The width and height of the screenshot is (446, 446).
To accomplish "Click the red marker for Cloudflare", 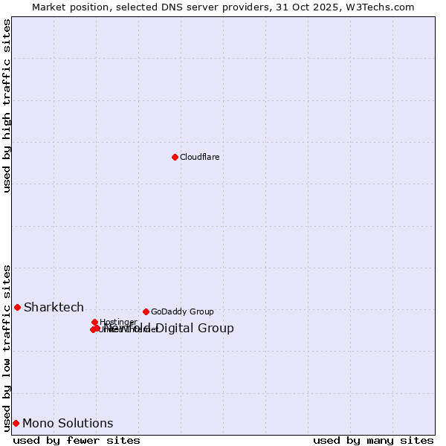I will pos(175,157).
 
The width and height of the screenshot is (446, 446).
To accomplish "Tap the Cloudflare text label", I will pos(199,157).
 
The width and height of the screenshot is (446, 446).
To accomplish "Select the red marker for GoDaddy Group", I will pos(146,311).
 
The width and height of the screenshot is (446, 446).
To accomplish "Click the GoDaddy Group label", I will pos(182,311).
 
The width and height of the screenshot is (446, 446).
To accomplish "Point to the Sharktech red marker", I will pos(17,307).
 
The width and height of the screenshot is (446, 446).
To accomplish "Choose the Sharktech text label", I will pos(54,307).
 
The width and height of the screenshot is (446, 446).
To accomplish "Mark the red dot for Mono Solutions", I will pos(16,423).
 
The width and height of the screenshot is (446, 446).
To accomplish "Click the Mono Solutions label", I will pos(68,423).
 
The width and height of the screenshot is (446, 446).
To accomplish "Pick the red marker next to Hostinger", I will pos(94,322).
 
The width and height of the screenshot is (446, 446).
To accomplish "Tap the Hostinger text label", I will pos(118,322).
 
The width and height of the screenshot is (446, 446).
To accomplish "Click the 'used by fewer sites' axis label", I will pos(77,440).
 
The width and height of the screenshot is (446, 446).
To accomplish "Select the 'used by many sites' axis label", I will pos(373,440).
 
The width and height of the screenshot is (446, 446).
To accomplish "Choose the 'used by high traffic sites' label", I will pos(7,106).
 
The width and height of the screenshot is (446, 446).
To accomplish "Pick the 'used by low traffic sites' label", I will pos(7,347).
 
